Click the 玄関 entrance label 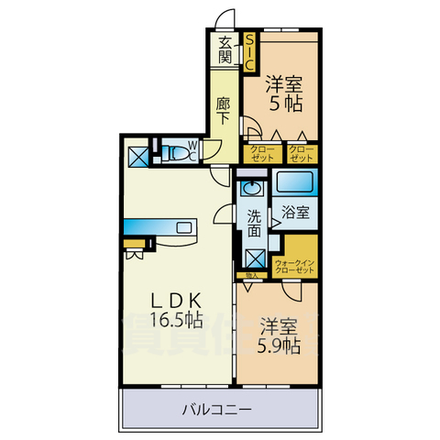tap(225, 50)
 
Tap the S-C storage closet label tap(248, 51)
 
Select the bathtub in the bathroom tap(294, 181)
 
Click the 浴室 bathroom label tap(294, 212)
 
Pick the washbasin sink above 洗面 tap(252, 191)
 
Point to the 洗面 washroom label tap(252, 224)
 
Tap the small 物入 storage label tap(247, 274)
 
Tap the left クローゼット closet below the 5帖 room tap(260, 153)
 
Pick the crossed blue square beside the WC tap(137, 156)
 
